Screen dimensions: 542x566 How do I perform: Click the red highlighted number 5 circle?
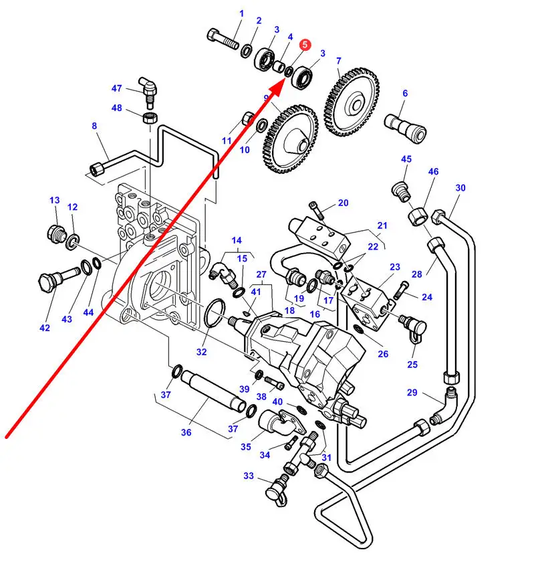click(x=305, y=45)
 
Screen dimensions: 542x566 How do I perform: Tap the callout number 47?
click(x=116, y=88)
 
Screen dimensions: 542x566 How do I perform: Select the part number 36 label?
click(x=186, y=432)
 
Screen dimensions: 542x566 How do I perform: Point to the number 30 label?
click(x=460, y=188)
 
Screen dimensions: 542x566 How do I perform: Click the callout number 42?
click(x=45, y=328)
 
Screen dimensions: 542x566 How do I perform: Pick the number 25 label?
click(x=412, y=365)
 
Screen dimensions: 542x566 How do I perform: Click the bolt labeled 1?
click(x=223, y=39)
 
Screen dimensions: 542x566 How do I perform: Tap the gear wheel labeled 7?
click(x=352, y=102)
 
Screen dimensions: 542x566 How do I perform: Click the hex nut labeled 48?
click(x=150, y=117)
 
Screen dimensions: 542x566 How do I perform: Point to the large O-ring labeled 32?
click(x=215, y=313)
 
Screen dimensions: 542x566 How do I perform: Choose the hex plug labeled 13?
click(x=57, y=234)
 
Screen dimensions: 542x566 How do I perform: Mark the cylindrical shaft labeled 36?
click(x=213, y=391)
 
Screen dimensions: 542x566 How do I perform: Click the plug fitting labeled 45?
click(x=402, y=192)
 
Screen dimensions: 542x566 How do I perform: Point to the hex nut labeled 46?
click(x=418, y=216)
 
